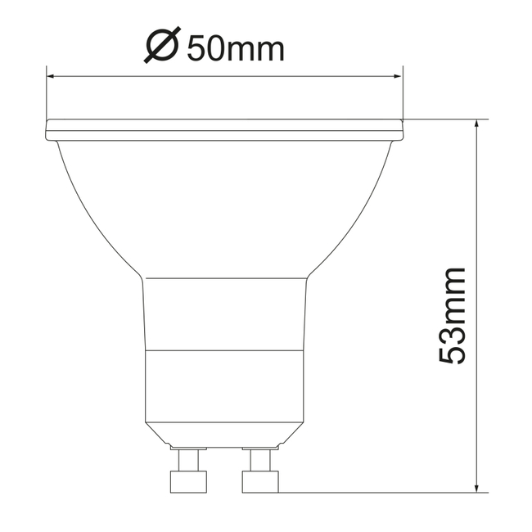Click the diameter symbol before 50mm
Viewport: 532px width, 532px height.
click(161, 47)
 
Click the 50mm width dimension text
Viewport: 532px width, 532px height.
click(236, 48)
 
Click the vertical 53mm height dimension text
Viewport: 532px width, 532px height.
click(452, 316)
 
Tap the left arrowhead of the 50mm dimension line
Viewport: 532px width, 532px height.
click(52, 77)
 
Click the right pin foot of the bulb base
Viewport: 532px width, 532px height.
click(261, 481)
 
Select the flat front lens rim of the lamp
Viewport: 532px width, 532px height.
click(224, 129)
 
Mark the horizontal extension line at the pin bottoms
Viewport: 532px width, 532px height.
click(376, 493)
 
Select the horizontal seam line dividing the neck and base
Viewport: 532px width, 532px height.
click(224, 350)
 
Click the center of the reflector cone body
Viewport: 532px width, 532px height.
click(224, 205)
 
